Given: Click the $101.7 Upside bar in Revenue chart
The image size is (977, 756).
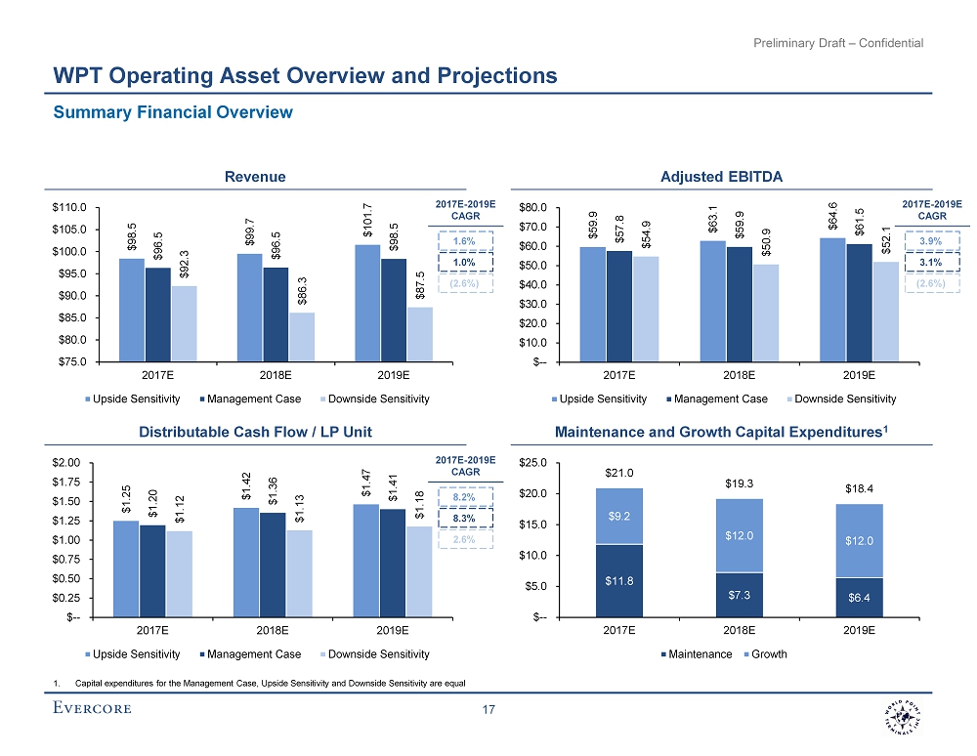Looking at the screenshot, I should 367,303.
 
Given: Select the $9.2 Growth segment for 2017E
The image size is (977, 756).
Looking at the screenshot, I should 619,516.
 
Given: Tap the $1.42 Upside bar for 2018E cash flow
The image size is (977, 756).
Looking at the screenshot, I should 247,562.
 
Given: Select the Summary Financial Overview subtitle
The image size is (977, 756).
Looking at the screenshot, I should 173,112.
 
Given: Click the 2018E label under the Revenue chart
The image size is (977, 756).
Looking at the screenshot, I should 274,374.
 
